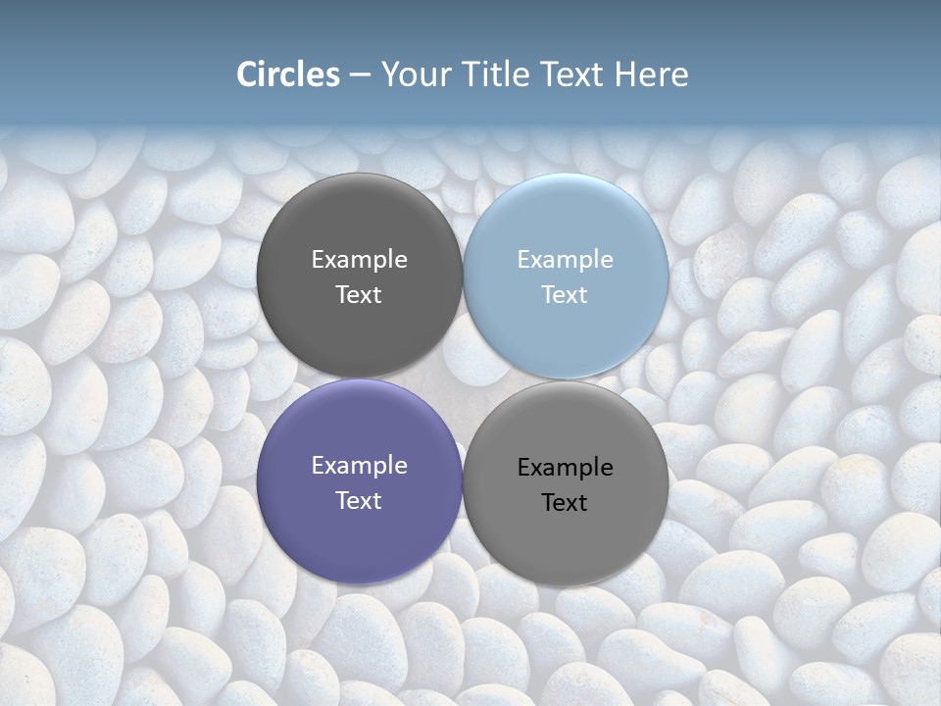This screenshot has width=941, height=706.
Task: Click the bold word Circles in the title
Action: tap(288, 75)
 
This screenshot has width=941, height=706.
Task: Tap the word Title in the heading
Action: tap(496, 75)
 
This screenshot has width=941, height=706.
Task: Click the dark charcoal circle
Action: tap(359, 226)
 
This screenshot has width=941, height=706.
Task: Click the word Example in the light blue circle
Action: tap(565, 260)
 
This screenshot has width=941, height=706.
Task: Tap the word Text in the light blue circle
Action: tap(565, 295)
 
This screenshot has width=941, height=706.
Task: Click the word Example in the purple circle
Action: tap(359, 466)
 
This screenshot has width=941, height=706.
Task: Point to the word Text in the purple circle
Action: tap(359, 501)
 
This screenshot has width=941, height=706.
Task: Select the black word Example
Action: tap(565, 468)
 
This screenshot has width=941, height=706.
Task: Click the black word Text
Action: tap(565, 503)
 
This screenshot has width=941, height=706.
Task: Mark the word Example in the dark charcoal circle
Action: tap(359, 260)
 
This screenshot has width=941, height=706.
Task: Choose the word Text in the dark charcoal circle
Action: tap(359, 295)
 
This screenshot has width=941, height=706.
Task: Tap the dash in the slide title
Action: tap(360, 76)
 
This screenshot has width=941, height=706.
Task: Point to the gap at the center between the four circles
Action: tap(463, 378)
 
